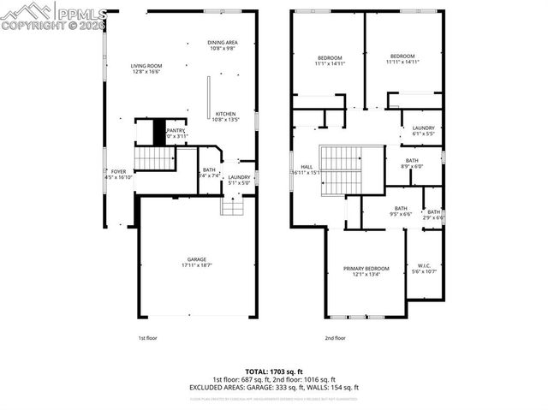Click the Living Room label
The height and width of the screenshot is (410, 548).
click(146, 68)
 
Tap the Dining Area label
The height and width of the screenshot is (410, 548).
click(223, 45)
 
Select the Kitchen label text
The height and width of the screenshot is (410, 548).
click(224, 116)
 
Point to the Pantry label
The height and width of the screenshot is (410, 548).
click(176, 133)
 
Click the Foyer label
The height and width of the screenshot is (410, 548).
click(118, 175)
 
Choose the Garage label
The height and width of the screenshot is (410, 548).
click(197, 263)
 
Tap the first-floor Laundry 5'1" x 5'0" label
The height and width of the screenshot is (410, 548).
click(238, 180)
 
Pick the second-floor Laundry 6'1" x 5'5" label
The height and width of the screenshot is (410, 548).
click(423, 131)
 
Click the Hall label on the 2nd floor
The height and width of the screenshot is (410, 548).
click(307, 169)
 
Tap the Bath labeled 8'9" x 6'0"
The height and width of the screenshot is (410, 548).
click(412, 163)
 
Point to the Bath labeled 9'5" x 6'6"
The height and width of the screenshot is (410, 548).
click(401, 211)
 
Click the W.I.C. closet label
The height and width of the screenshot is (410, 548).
click(425, 269)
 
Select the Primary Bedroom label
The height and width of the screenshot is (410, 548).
click(366, 271)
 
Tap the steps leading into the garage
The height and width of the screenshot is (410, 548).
click(233, 206)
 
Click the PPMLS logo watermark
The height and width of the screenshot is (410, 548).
click(53, 15)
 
